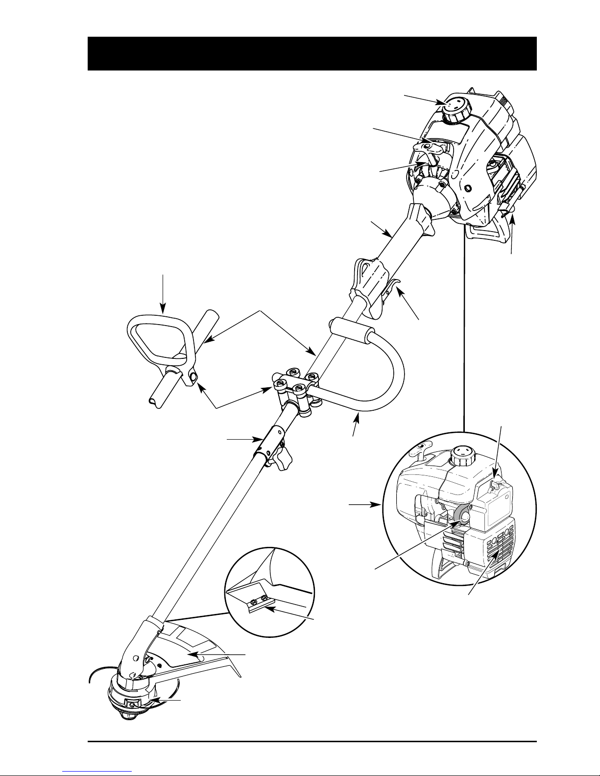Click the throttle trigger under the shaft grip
pyautogui.click(x=390, y=288)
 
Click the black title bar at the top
pyautogui.click(x=312, y=53)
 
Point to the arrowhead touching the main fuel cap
pyautogui.click(x=442, y=103)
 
